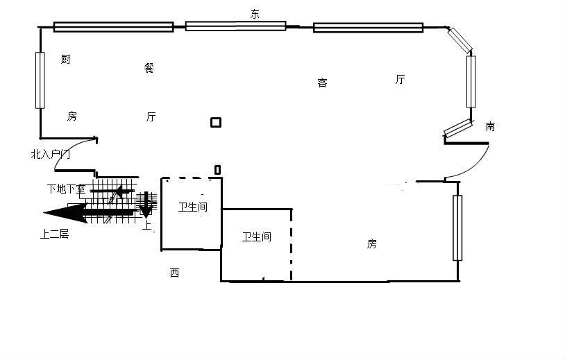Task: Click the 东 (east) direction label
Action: [255, 14]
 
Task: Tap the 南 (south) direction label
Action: [490, 126]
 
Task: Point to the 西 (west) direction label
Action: [174, 273]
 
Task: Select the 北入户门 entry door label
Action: [51, 155]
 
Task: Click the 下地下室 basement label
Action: [67, 189]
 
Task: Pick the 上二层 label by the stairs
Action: [54, 234]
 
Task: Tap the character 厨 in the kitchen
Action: [65, 59]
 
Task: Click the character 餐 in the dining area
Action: [149, 68]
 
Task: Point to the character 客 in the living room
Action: [323, 83]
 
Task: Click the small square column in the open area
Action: [216, 122]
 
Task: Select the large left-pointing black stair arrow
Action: [90, 212]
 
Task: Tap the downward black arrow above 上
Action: [146, 205]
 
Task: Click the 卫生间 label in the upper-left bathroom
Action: [193, 207]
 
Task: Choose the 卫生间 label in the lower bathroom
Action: [257, 237]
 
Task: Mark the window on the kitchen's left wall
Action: [40, 80]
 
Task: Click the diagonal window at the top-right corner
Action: [460, 40]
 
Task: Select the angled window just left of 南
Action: [457, 128]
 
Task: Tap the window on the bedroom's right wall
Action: [457, 228]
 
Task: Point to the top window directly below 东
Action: [236, 26]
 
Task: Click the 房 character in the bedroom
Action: [372, 243]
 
